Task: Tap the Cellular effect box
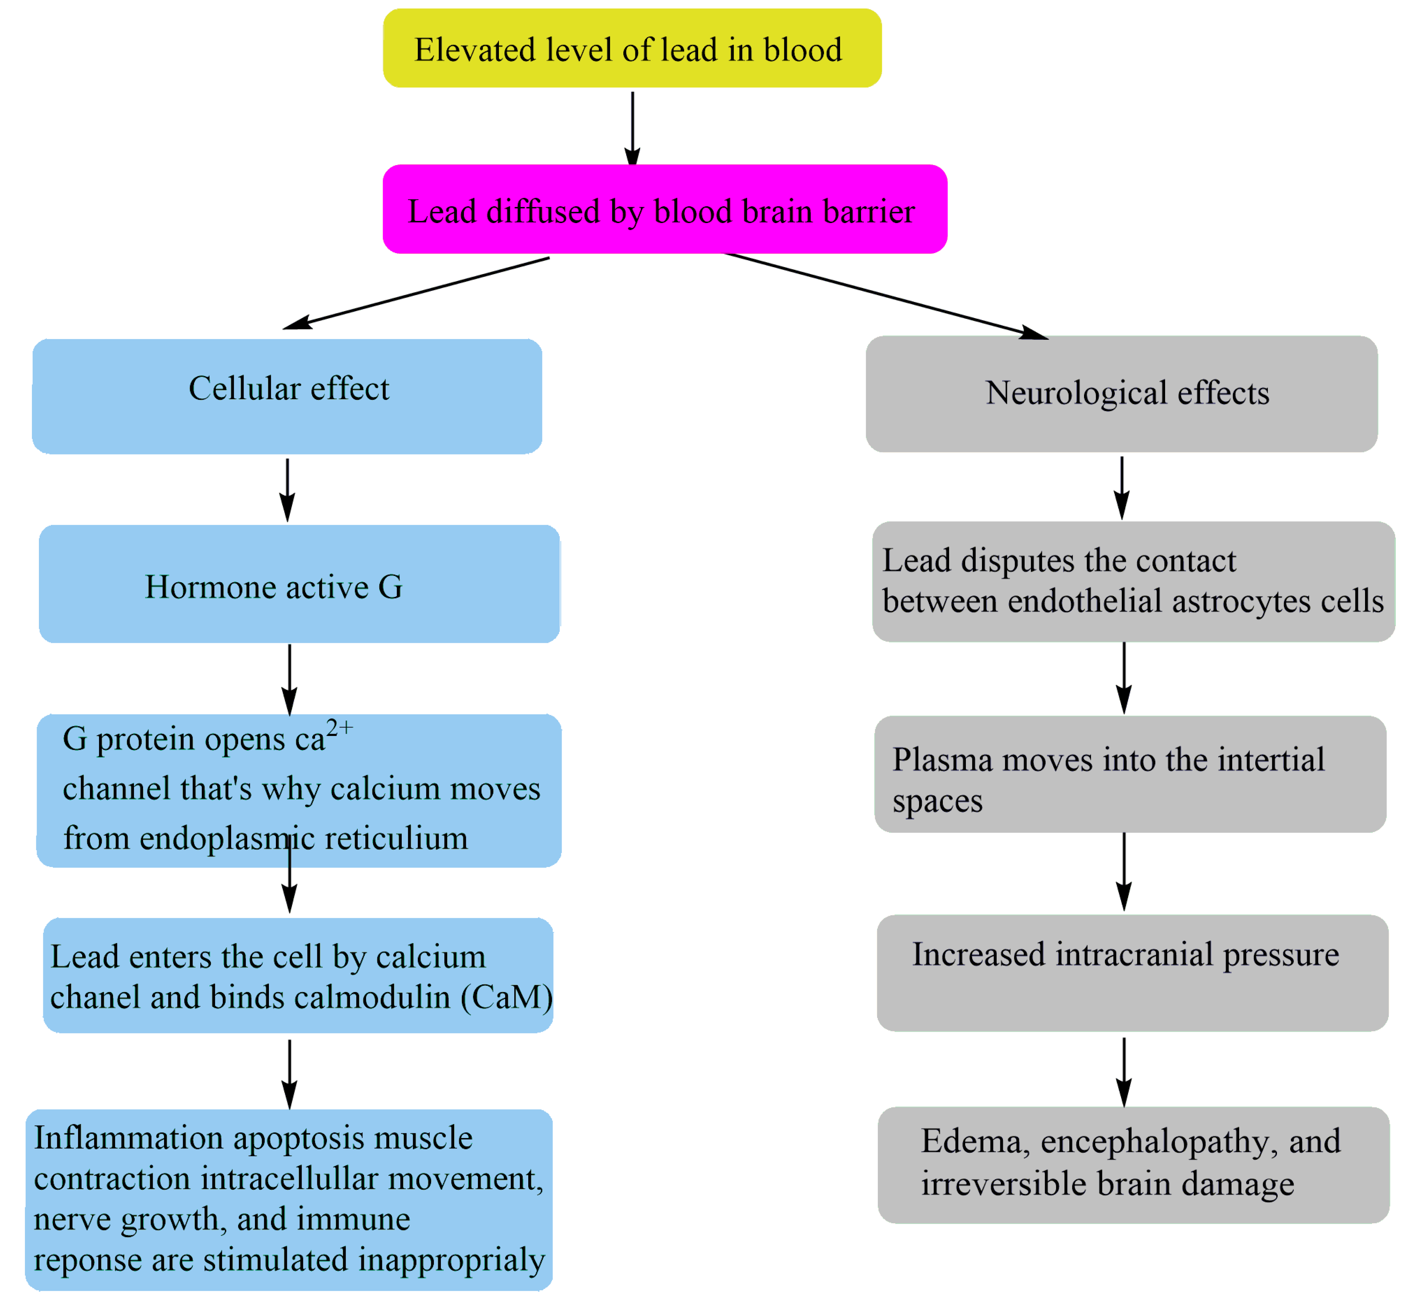pos(287,395)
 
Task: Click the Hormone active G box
pos(299,583)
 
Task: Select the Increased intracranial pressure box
pos(1132,972)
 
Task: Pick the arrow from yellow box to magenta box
pos(632,127)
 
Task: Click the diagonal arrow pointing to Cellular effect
pos(417,293)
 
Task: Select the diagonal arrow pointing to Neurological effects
pos(883,295)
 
